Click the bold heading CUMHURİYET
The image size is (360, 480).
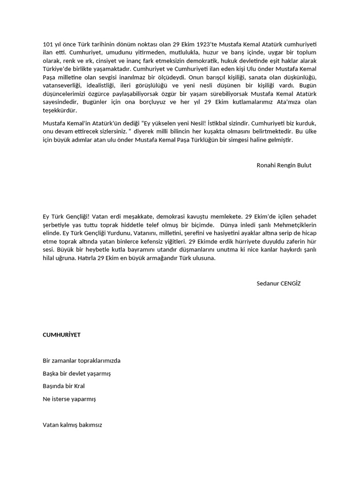(61, 335)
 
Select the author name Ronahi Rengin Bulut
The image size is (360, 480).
(284, 165)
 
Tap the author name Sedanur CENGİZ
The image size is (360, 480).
(279, 284)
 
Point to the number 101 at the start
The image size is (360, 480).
(48, 44)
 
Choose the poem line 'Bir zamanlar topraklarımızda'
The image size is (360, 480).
(82, 360)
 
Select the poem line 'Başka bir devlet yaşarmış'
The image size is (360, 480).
(77, 374)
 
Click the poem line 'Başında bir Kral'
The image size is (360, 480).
(64, 386)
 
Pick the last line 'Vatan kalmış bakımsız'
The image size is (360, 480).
(72, 425)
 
